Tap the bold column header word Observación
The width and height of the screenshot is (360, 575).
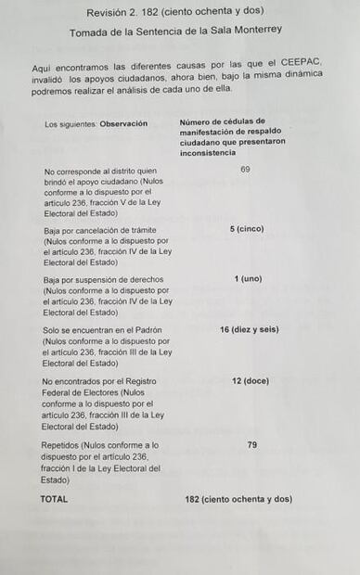[123, 124]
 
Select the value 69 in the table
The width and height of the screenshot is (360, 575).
[246, 171]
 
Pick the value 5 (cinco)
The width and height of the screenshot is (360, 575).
[247, 229]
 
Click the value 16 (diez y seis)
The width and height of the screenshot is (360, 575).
[250, 330]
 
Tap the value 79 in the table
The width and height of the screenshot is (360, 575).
[252, 445]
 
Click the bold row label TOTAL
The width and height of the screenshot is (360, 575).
[54, 499]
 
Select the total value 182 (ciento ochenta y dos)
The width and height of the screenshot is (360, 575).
[238, 499]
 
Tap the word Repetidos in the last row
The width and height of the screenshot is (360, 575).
[60, 445]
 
